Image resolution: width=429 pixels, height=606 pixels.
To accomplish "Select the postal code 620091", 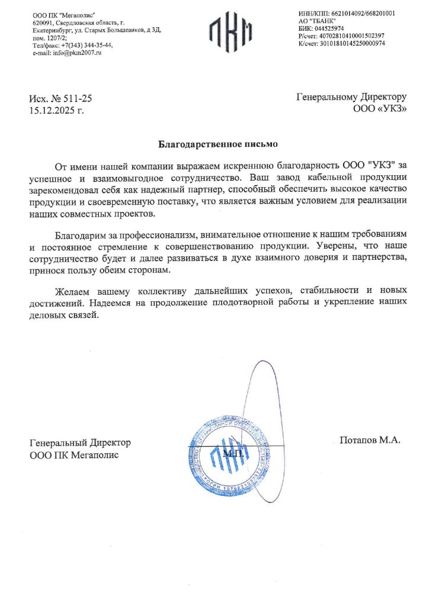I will [43, 21].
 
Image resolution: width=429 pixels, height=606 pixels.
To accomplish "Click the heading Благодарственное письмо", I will [217, 144].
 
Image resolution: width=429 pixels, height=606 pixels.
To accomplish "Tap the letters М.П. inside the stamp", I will [233, 453].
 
